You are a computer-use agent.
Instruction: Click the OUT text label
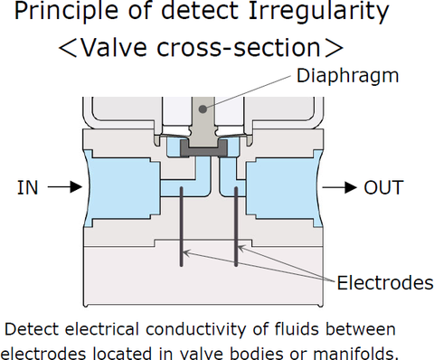383,187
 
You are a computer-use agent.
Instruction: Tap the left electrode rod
182,226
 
